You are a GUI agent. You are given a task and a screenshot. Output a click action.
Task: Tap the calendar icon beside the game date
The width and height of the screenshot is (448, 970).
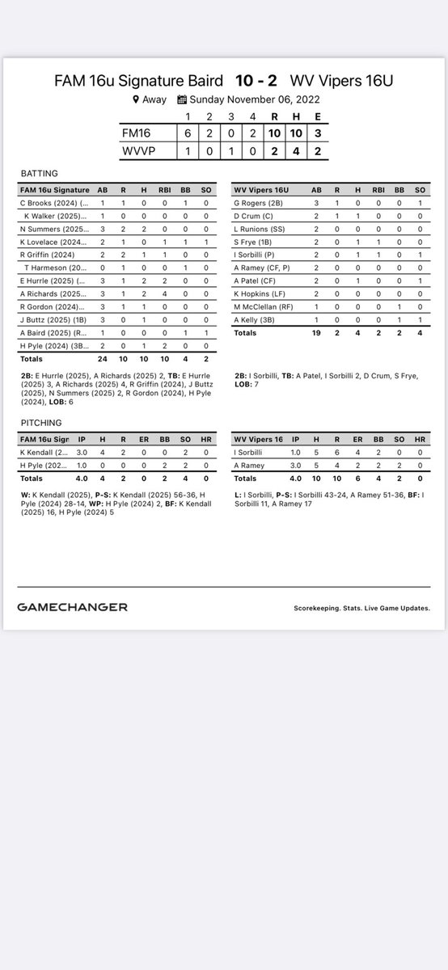tap(182, 99)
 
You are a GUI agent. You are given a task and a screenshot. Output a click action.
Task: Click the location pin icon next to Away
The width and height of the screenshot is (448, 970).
tap(137, 99)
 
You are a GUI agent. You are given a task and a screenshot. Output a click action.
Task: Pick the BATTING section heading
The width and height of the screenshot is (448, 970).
tap(38, 173)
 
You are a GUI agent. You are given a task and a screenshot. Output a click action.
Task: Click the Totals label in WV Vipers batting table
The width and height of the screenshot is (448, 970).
tap(246, 332)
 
